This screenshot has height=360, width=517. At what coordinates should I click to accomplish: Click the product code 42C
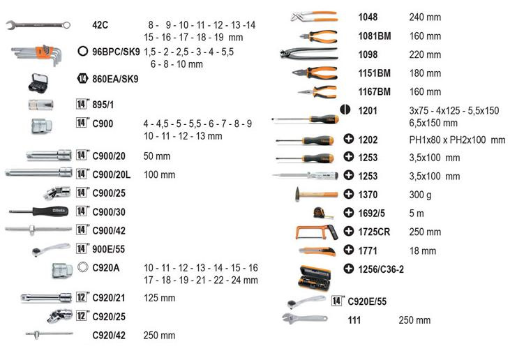click(100, 25)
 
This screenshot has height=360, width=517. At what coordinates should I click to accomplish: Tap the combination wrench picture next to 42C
click(38, 24)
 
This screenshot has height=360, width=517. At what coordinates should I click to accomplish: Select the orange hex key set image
click(36, 54)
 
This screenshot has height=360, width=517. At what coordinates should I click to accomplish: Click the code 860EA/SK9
click(115, 79)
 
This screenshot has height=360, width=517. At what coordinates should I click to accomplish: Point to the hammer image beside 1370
click(316, 194)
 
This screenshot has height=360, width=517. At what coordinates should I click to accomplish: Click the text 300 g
click(420, 195)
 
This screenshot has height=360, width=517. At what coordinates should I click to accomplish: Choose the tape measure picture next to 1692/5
click(323, 213)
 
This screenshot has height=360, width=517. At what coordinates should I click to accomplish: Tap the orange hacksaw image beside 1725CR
click(317, 232)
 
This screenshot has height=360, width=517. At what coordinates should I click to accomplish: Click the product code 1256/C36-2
click(381, 270)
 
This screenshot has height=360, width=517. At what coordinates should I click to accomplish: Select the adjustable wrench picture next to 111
click(305, 318)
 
